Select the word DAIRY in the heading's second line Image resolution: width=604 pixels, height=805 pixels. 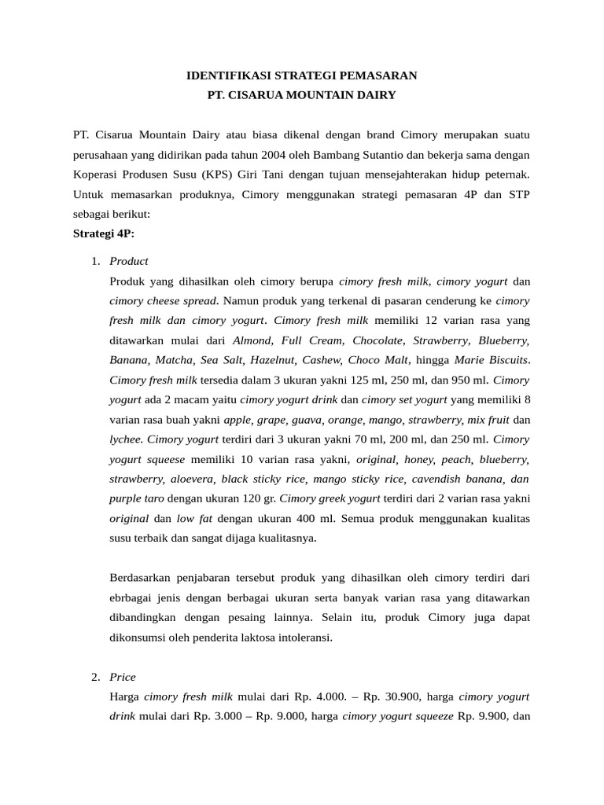click(x=377, y=95)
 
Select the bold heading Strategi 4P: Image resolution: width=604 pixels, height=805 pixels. click(x=104, y=233)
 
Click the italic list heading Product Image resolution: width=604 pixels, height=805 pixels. click(x=129, y=261)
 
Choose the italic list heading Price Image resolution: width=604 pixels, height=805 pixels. click(x=123, y=677)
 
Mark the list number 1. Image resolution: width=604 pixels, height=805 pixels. click(x=95, y=261)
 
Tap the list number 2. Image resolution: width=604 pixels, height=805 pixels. click(x=95, y=677)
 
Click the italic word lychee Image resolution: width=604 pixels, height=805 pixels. click(x=126, y=439)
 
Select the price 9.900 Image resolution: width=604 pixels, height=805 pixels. click(x=492, y=716)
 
